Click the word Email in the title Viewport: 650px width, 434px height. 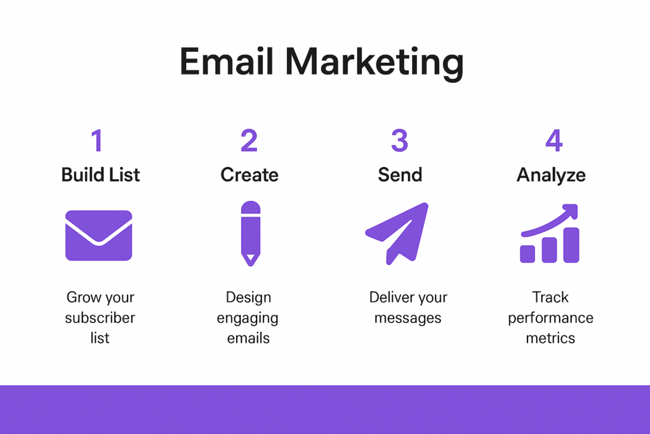pyautogui.click(x=227, y=62)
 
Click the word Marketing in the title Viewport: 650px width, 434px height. pyautogui.click(x=375, y=64)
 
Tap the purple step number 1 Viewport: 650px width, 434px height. pyautogui.click(x=97, y=140)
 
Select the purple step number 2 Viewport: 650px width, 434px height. pyautogui.click(x=249, y=140)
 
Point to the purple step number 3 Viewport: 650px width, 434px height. pyautogui.click(x=400, y=140)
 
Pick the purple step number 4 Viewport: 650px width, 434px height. pyautogui.click(x=554, y=140)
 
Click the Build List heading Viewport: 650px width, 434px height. pyautogui.click(x=100, y=175)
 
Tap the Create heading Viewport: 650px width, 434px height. pyautogui.click(x=249, y=175)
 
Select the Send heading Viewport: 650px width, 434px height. pyautogui.click(x=400, y=175)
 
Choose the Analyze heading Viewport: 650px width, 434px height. pyautogui.click(x=551, y=175)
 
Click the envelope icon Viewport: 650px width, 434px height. pyautogui.click(x=98, y=235)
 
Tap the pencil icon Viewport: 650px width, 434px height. pyautogui.click(x=250, y=234)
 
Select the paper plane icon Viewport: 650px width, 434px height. pyautogui.click(x=397, y=234)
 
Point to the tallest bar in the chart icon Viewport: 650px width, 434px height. pyautogui.click(x=571, y=245)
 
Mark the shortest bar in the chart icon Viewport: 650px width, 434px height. pyautogui.click(x=527, y=254)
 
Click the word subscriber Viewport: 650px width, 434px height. pyautogui.click(x=100, y=318)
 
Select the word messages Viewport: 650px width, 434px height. pyautogui.click(x=408, y=318)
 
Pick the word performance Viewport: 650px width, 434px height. pyautogui.click(x=550, y=318)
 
